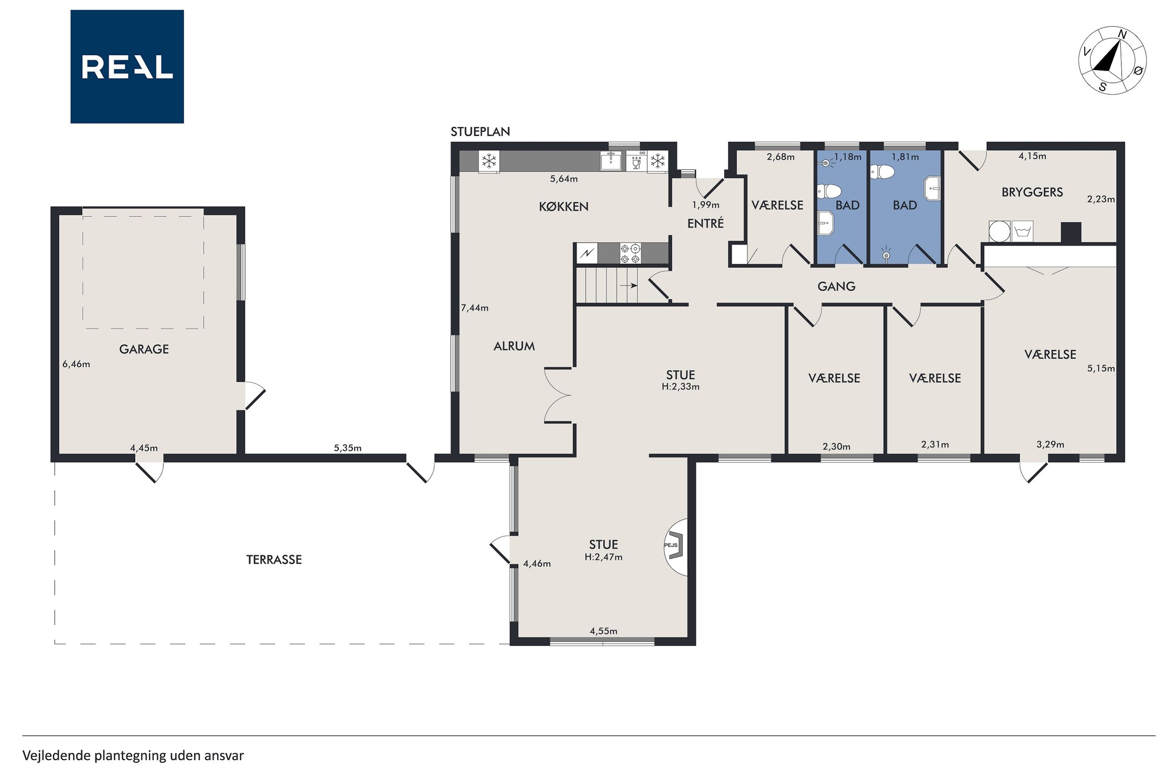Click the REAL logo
click(x=127, y=67)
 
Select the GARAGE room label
click(x=144, y=349)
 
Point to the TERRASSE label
click(x=274, y=560)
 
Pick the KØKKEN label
click(x=563, y=206)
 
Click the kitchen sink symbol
click(x=611, y=161)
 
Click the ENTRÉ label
click(x=705, y=223)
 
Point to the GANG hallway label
click(x=836, y=286)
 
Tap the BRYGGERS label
click(x=1032, y=192)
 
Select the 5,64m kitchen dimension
click(x=564, y=179)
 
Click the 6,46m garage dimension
click(x=76, y=364)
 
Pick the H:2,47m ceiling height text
click(x=603, y=557)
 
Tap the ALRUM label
click(x=514, y=346)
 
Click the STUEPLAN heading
click(x=480, y=132)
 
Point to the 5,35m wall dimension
click(x=347, y=447)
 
